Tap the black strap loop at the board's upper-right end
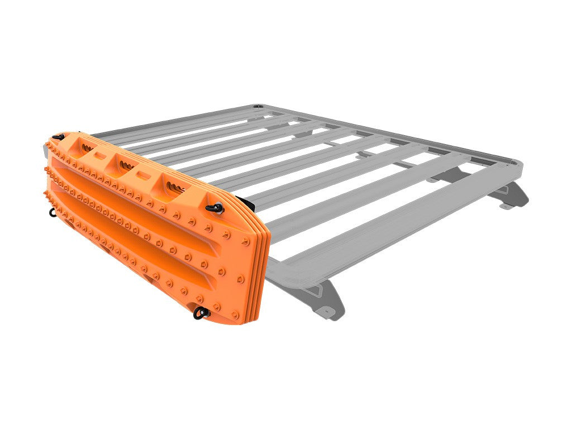pos(214,207)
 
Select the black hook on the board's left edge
pos(54,211)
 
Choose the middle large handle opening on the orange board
pos(124,163)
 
